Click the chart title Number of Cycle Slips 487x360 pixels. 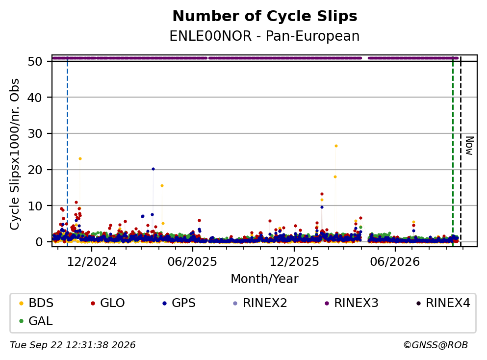tap(265, 16)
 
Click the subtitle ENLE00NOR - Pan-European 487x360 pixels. tap(265, 36)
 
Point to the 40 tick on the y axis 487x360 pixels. tap(35, 98)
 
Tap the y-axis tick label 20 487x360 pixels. tap(35, 170)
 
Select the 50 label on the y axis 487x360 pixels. tap(35, 61)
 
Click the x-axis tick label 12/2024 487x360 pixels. tap(92, 262)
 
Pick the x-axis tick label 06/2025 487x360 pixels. tap(192, 262)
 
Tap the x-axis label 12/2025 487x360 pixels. tap(294, 262)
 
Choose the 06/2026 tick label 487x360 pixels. tap(395, 262)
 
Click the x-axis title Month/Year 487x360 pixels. tap(265, 279)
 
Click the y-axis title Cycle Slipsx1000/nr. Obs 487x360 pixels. tap(15, 154)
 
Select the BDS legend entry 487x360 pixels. tap(36, 303)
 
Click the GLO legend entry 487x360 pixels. tap(108, 303)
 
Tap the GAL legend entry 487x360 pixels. tap(36, 321)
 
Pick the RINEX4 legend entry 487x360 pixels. tap(443, 303)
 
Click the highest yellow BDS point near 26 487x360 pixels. tap(336, 146)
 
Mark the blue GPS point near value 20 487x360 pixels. tap(153, 169)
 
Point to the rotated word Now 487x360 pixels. tap(470, 146)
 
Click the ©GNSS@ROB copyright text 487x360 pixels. tap(436, 345)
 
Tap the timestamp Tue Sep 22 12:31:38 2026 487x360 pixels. tap(73, 345)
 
